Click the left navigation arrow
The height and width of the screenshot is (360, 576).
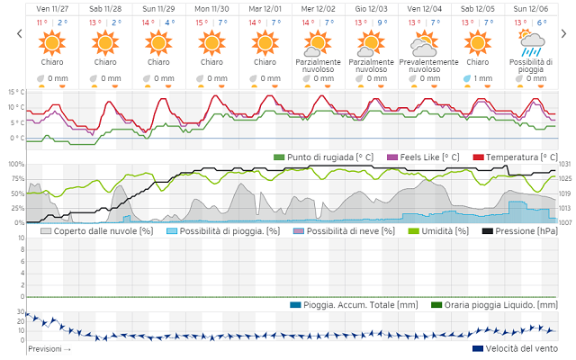[18, 33]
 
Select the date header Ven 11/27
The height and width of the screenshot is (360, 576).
[52, 7]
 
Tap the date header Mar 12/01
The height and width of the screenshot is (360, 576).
[265, 7]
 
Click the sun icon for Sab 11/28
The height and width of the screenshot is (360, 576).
[105, 41]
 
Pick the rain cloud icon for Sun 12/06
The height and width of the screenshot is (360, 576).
[530, 40]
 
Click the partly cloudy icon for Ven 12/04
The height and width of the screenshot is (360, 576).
[424, 41]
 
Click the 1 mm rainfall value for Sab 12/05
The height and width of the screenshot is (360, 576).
[482, 78]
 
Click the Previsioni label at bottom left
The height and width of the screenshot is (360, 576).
[49, 348]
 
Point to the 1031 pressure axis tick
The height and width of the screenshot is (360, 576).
[564, 165]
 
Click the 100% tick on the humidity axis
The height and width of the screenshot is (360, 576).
[16, 165]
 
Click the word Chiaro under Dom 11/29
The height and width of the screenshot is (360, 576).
[158, 62]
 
